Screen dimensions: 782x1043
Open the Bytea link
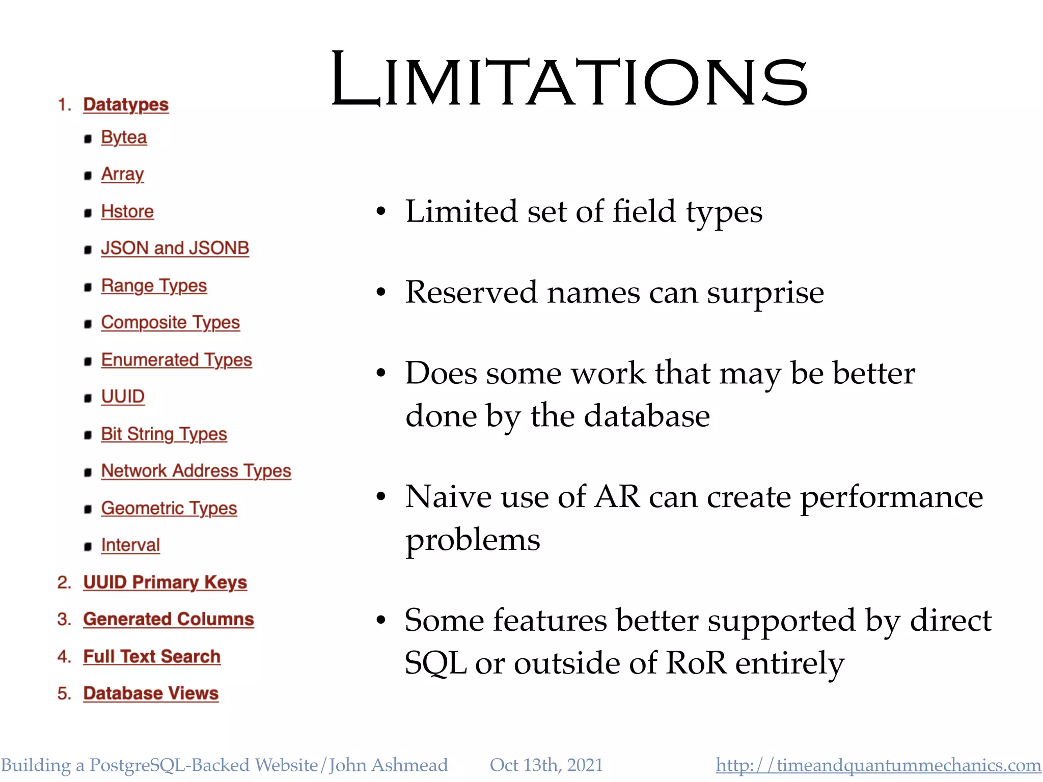coord(124,137)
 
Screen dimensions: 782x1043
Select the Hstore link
coord(127,211)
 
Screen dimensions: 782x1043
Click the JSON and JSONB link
coord(175,248)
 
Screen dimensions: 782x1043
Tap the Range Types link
coord(154,286)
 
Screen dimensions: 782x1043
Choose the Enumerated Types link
coord(176,360)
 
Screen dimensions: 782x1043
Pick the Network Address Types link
coord(196,471)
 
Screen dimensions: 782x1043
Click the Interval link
coord(130,545)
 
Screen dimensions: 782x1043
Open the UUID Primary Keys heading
coord(165,582)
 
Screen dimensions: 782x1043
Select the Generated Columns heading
coord(169,619)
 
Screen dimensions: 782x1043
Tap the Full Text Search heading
coord(152,657)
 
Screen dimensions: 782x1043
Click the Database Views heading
coord(151,693)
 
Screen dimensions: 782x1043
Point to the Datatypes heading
coord(126,104)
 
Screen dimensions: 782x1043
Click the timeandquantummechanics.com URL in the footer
coord(878,765)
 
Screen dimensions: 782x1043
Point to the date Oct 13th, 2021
coord(546,765)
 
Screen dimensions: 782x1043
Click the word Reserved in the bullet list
coord(471,293)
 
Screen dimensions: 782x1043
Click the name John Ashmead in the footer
coord(389,765)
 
